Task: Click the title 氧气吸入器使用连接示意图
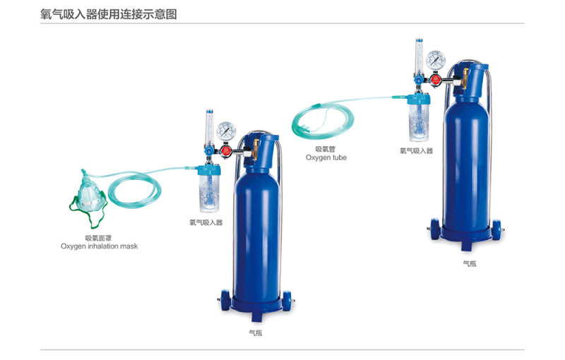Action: pyautogui.click(x=109, y=14)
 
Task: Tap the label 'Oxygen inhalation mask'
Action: pyautogui.click(x=99, y=246)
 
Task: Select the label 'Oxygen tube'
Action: pyautogui.click(x=326, y=157)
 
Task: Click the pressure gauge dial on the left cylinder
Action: pyautogui.click(x=226, y=131)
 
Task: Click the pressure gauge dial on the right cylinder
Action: pyautogui.click(x=436, y=60)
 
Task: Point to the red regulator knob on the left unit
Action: pyautogui.click(x=226, y=150)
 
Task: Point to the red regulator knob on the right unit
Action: pyautogui.click(x=435, y=79)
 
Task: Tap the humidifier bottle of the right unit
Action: pyautogui.click(x=419, y=117)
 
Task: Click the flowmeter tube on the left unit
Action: pyautogui.click(x=209, y=128)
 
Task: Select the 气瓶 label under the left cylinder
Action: pyautogui.click(x=256, y=333)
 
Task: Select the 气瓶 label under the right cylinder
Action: pyautogui.click(x=470, y=263)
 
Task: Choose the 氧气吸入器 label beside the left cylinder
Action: pyautogui.click(x=206, y=222)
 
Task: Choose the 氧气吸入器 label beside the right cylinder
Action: pyautogui.click(x=416, y=151)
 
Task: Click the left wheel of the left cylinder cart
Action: pyautogui.click(x=225, y=300)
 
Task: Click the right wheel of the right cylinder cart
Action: pyautogui.click(x=496, y=230)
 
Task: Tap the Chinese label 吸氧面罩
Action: pyautogui.click(x=98, y=238)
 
